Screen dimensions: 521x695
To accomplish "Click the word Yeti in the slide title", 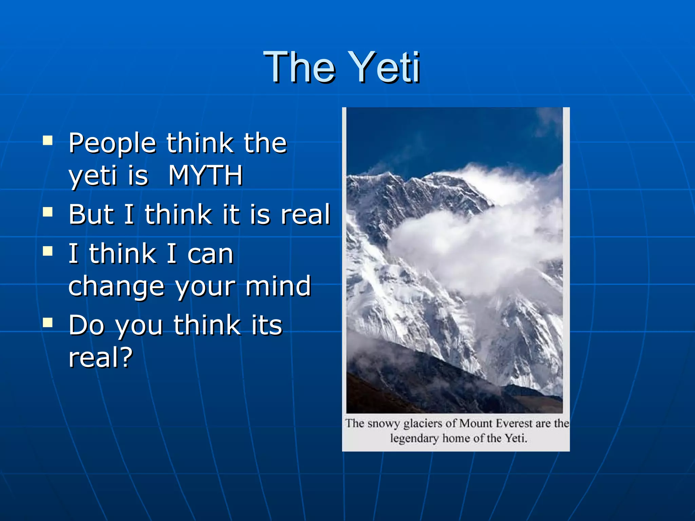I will (385, 67).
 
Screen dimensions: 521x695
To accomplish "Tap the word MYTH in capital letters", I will (206, 175).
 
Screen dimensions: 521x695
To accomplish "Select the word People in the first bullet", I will (112, 143).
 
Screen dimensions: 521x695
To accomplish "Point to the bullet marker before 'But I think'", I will (48, 212).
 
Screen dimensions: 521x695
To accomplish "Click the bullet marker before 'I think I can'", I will (48, 251).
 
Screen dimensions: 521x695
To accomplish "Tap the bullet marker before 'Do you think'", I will (48, 323).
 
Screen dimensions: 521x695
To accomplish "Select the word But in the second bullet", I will (91, 214).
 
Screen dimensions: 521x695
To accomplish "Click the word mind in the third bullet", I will (278, 286).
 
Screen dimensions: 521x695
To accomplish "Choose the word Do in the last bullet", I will (86, 325).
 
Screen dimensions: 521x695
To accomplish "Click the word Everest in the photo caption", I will (514, 423).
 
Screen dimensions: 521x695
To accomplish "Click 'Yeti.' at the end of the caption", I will (516, 438).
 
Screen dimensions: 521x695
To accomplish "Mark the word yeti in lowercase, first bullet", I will (92, 176).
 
